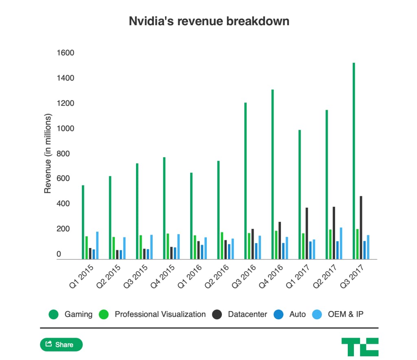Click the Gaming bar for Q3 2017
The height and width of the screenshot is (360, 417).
pos(354,161)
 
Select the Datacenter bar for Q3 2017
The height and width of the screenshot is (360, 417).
pos(361,228)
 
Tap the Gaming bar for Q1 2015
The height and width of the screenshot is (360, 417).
pos(83,222)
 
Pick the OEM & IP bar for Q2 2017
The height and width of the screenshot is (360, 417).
pos(341,243)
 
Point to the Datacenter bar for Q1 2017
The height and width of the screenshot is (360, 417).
pos(307,233)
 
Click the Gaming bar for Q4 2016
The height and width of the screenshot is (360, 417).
pos(272,174)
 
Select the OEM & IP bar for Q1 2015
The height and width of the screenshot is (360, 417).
pos(97,246)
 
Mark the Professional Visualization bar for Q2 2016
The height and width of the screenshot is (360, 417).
pos(222,246)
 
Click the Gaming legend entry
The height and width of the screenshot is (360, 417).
pos(70,314)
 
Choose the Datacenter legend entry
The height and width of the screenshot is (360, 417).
pos(239,314)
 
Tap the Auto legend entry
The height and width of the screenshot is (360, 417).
pos(290,314)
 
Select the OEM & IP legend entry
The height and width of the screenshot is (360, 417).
pos(338,314)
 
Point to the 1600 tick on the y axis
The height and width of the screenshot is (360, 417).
pos(66,53)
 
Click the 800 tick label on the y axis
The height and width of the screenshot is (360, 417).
pos(63,154)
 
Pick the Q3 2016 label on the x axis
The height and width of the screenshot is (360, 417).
pos(244,276)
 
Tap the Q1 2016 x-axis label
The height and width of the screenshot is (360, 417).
pos(190,276)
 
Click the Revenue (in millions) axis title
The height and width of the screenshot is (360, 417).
pos(47,154)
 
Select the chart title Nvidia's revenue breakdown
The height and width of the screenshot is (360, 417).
pos(209,21)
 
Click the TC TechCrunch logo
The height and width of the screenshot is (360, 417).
pos(360,347)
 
